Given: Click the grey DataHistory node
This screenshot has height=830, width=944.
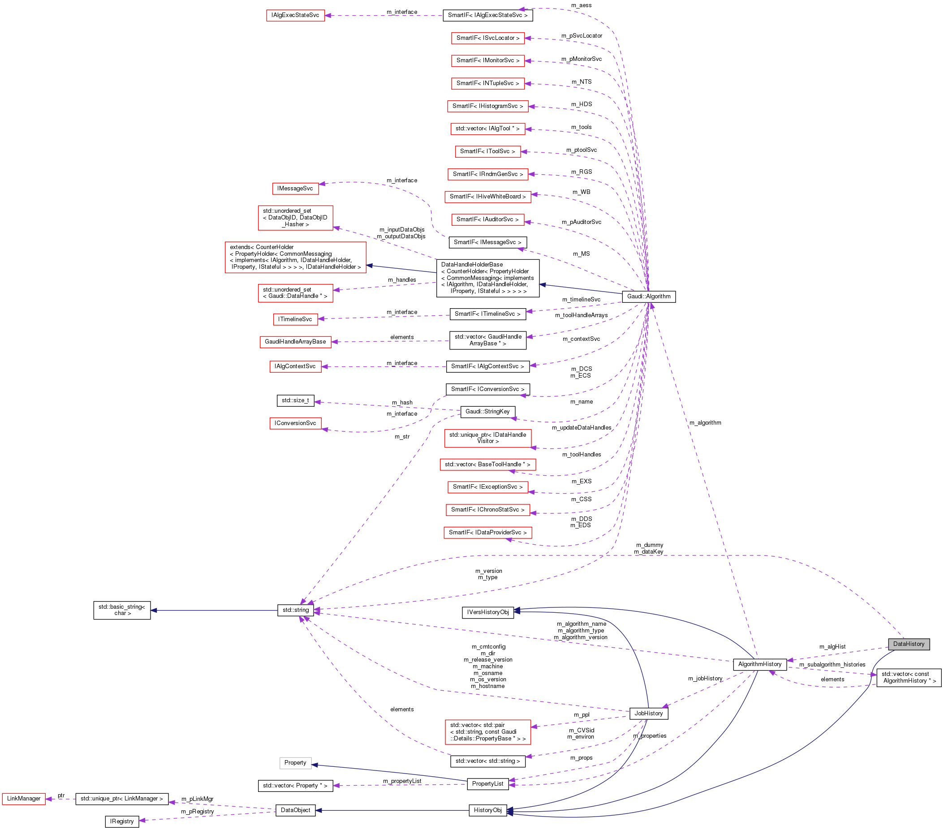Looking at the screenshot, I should click(908, 644).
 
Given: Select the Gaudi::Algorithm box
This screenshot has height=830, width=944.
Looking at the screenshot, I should click(648, 297).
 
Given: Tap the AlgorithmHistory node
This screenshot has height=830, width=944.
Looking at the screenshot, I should click(759, 664).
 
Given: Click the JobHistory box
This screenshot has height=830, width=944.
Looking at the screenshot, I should click(648, 713).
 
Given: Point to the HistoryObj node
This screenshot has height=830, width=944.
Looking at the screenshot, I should click(487, 810).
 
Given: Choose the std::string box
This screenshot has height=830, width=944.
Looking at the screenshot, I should click(296, 610).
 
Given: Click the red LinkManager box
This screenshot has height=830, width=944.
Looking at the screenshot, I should click(24, 798).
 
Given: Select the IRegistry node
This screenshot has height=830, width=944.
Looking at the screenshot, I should click(122, 821).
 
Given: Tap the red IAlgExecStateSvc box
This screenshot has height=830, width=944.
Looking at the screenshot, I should click(295, 15).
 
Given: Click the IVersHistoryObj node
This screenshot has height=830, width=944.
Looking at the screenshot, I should click(487, 612).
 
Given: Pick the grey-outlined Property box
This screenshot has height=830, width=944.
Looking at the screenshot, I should click(295, 763).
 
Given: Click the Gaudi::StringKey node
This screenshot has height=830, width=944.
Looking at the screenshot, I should click(487, 411).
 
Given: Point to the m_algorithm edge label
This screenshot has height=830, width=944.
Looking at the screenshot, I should click(705, 422).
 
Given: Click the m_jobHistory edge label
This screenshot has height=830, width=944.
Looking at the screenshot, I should click(705, 678).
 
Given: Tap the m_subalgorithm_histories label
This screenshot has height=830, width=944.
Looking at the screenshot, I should click(832, 664).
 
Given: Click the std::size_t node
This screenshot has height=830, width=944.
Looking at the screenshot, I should click(295, 400).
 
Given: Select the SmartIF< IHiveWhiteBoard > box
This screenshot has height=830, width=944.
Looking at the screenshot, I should click(487, 196).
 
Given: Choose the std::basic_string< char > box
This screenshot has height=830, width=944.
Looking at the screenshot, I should click(122, 610).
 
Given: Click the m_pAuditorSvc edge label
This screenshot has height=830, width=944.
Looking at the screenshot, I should click(581, 222).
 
